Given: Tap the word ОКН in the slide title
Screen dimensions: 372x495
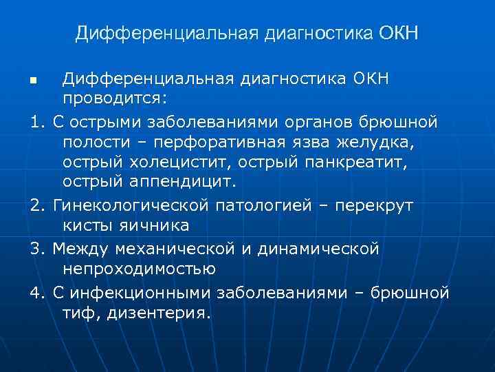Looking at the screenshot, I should click(x=397, y=33).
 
